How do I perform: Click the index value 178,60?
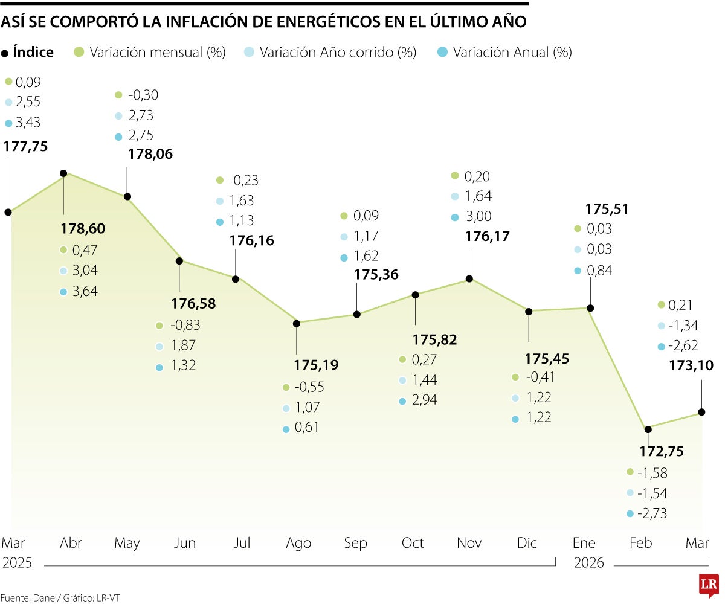point(83,229)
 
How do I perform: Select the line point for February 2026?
point(648,429)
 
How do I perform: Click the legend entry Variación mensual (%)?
point(156,53)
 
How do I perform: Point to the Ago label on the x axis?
point(298,544)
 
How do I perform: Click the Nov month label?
point(469,544)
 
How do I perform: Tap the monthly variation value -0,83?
point(185,325)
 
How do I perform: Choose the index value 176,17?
point(488,236)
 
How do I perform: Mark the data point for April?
point(63,173)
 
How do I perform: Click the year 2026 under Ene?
point(589,563)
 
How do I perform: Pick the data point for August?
point(297,323)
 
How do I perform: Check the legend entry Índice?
point(33,53)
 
